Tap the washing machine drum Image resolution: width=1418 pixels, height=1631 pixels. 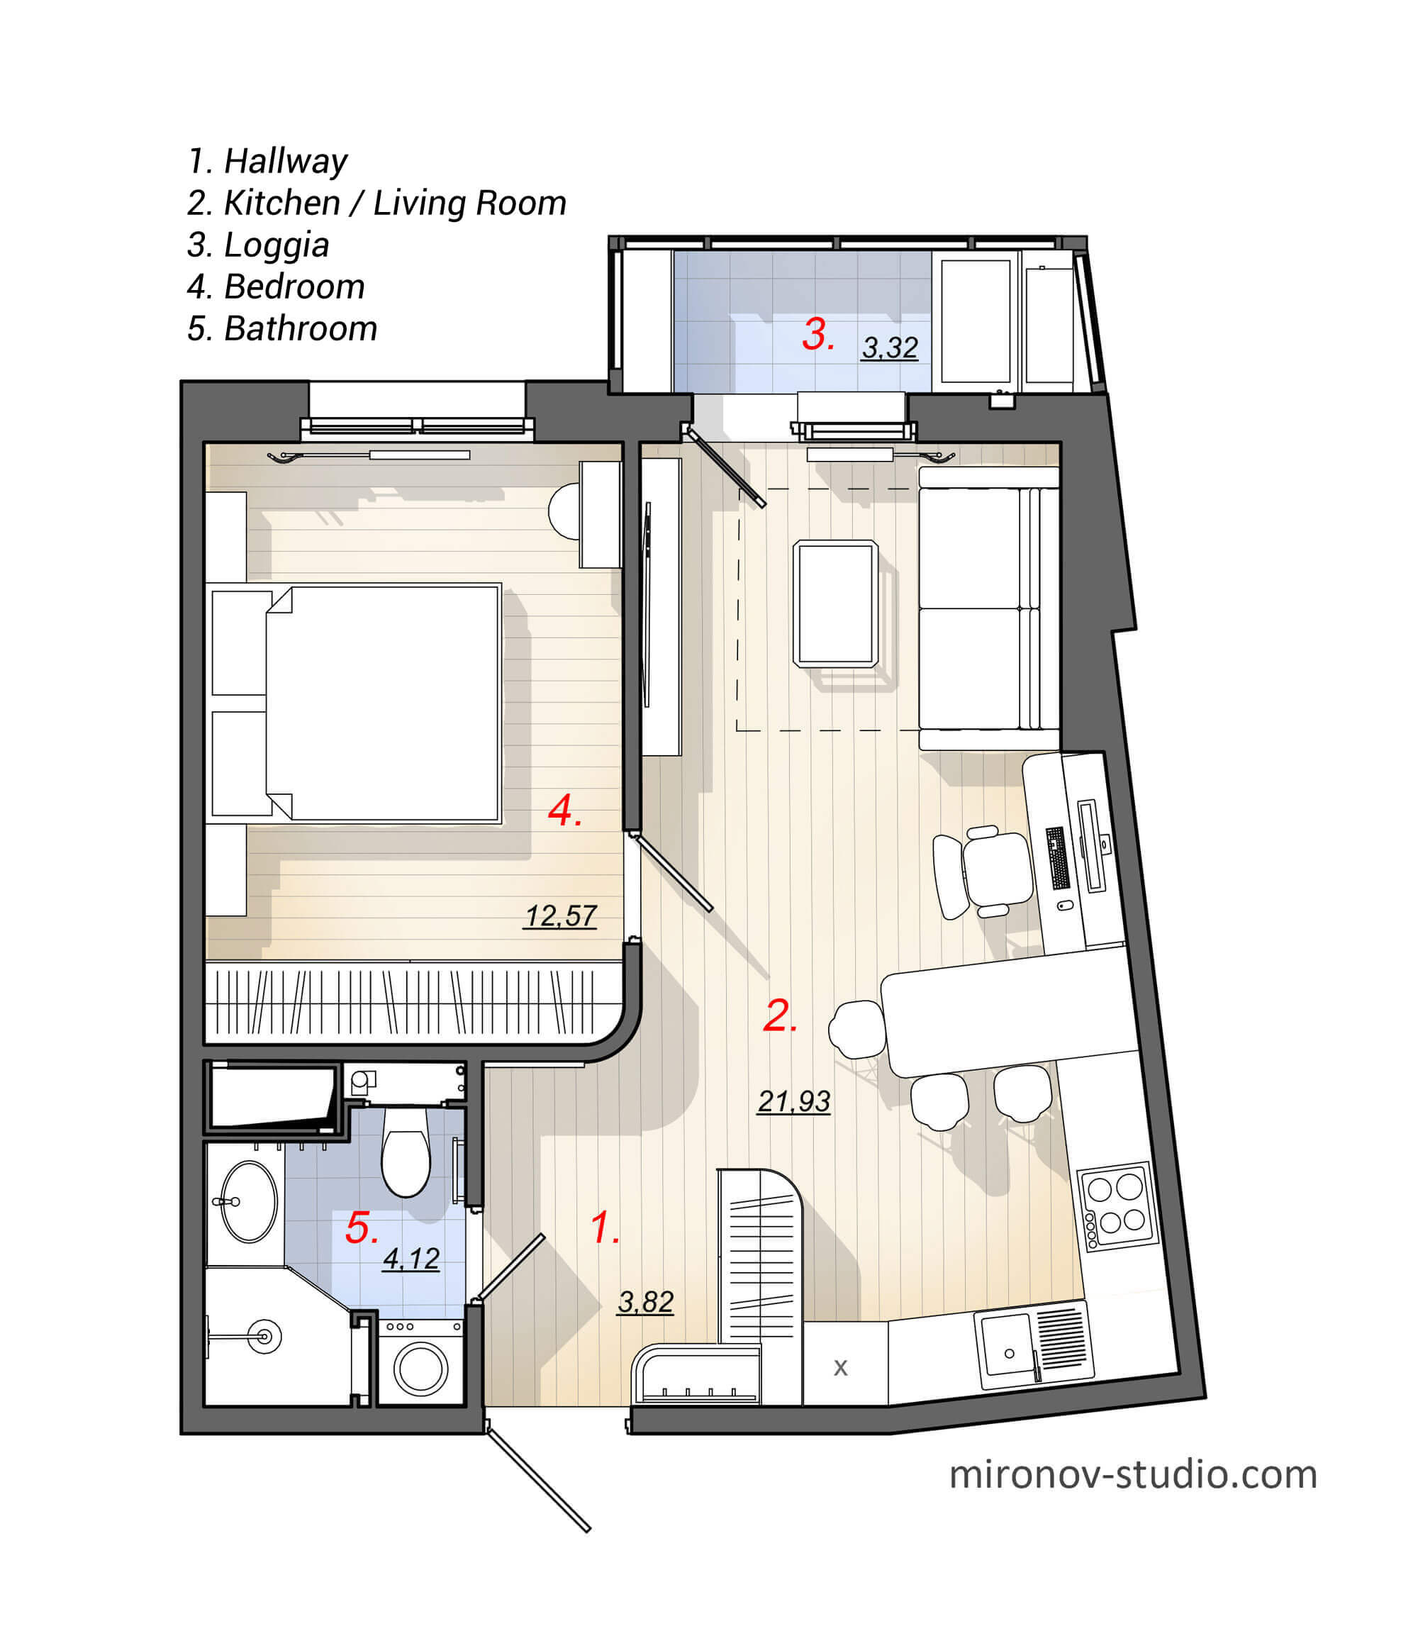pyautogui.click(x=421, y=1369)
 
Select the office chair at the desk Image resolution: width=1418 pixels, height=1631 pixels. pyautogui.click(x=994, y=871)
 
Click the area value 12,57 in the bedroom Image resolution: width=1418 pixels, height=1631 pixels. pyautogui.click(x=560, y=916)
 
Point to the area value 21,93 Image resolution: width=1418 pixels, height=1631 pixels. pyautogui.click(x=793, y=1101)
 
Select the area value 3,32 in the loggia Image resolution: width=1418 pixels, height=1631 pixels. pyautogui.click(x=889, y=347)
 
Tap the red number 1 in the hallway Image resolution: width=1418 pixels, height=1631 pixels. pyautogui.click(x=604, y=1228)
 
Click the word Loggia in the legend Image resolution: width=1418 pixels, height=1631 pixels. pyautogui.click(x=277, y=245)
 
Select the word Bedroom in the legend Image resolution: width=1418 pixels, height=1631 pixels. pyautogui.click(x=294, y=286)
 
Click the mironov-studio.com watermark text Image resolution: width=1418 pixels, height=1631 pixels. pyautogui.click(x=1132, y=1475)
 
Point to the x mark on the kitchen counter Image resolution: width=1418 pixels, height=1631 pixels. pyautogui.click(x=840, y=1367)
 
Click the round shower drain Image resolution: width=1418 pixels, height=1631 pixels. pyautogui.click(x=264, y=1337)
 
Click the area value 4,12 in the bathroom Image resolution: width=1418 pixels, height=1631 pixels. pyautogui.click(x=411, y=1258)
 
